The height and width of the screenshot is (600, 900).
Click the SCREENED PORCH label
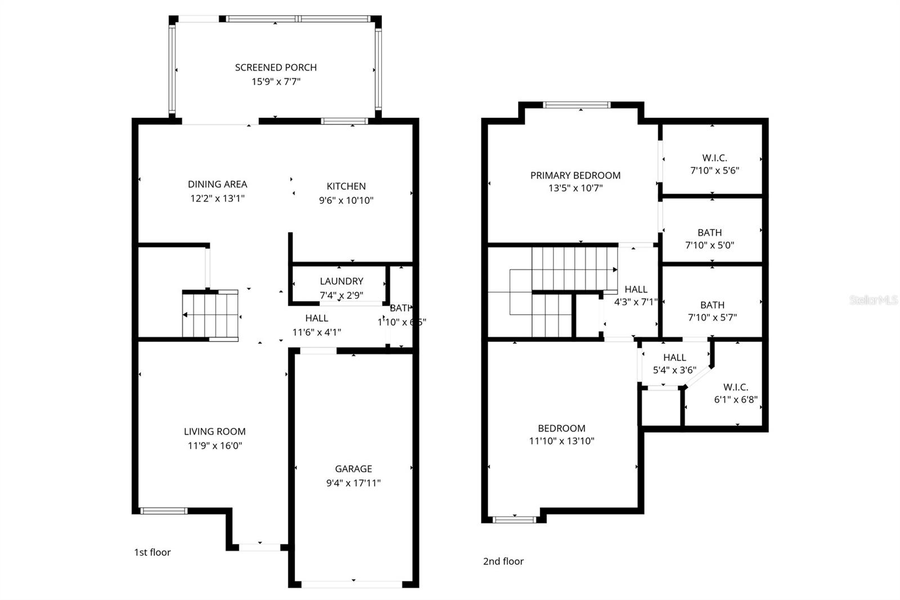coord(276,68)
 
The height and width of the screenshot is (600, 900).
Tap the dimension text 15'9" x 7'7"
coord(276,82)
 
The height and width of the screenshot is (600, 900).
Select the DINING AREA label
coord(217,184)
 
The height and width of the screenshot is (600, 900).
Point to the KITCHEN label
coord(346,186)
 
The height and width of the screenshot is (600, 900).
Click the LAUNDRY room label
coord(341,281)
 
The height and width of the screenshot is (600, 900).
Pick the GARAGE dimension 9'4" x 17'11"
coord(353,483)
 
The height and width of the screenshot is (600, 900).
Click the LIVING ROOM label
coord(214,432)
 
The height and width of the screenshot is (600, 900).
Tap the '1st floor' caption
coord(152,552)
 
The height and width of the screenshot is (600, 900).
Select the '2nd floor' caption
coord(503,561)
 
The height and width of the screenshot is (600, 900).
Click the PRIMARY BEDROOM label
coord(575,176)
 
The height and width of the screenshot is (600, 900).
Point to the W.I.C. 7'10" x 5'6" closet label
coord(714,158)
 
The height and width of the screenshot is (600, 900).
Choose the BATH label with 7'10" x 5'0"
coord(709,232)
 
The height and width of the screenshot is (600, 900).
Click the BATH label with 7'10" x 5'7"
coord(712,305)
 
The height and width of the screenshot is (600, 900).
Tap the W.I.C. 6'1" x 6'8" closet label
coord(735,387)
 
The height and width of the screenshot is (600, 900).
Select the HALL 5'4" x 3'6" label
coord(674,357)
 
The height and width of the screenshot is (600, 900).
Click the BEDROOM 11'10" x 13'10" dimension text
coord(561,441)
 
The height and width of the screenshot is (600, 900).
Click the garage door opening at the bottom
coord(353,584)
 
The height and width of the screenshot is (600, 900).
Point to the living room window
coord(163,511)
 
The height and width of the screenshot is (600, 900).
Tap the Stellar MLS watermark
coord(872,300)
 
